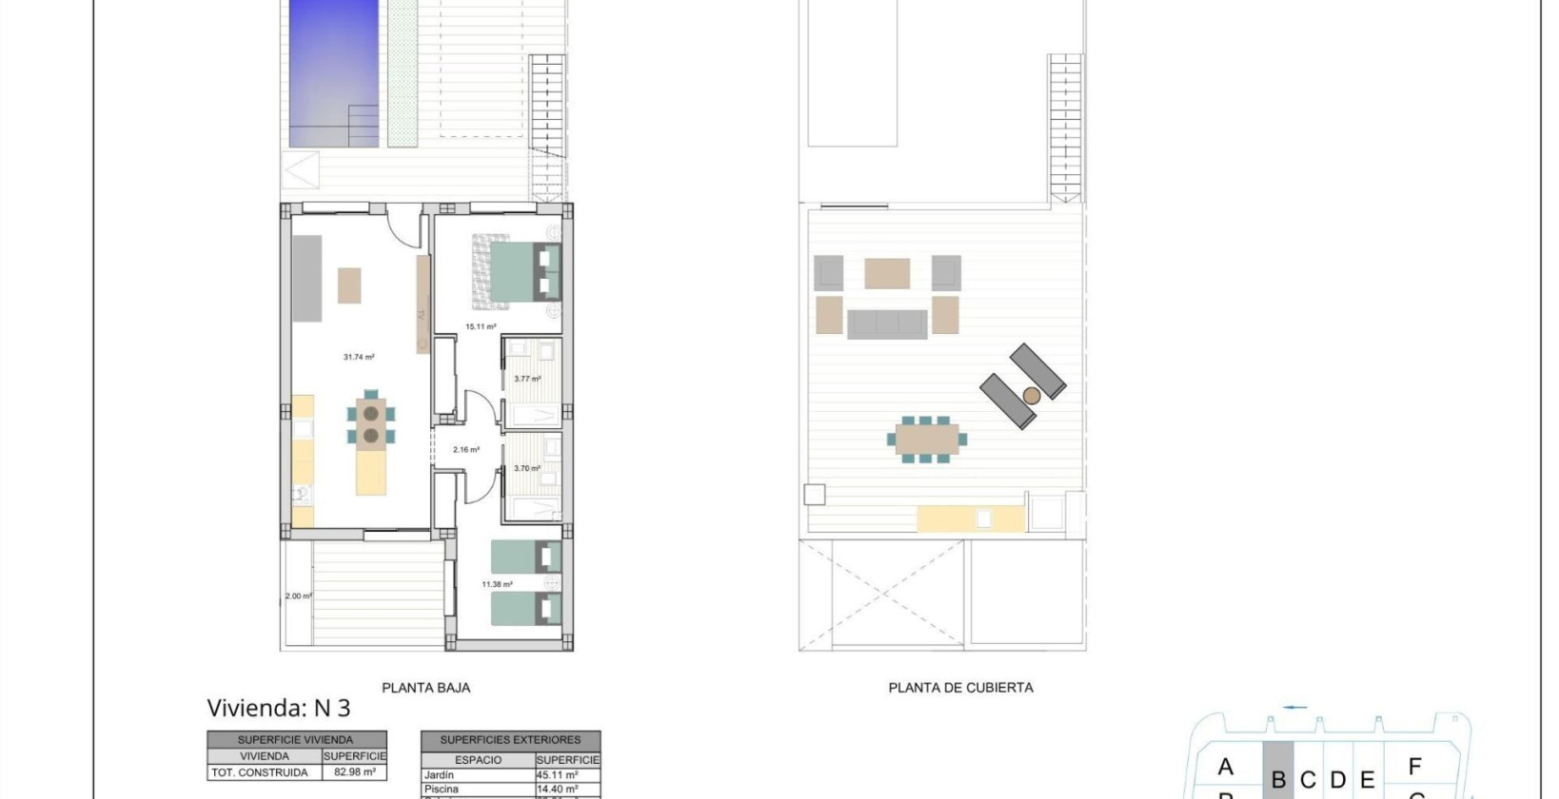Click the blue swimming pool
point(333,71)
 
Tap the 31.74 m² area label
point(359,358)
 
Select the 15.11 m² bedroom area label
point(481,327)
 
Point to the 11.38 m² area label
point(497,585)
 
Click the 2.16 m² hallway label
point(466,450)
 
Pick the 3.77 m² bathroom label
point(527,380)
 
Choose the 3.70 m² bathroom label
point(527,469)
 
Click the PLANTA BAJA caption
point(425,688)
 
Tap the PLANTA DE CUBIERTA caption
point(960,688)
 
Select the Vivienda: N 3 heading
point(279,709)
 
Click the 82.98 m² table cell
point(355,773)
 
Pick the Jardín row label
point(439,775)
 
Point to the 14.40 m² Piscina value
point(558,789)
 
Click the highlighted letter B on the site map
point(1278,780)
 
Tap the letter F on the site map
point(1414,766)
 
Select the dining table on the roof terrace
point(927,439)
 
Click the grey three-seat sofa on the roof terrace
point(887,323)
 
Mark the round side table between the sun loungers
point(1031,395)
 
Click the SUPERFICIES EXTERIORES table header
point(510,740)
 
